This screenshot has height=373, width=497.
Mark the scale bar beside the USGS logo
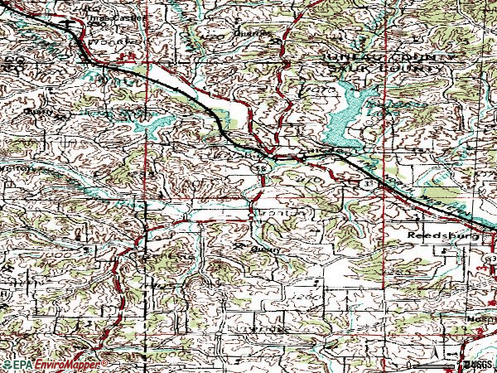pos(436,365)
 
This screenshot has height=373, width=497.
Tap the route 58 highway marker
pos(261,168)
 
